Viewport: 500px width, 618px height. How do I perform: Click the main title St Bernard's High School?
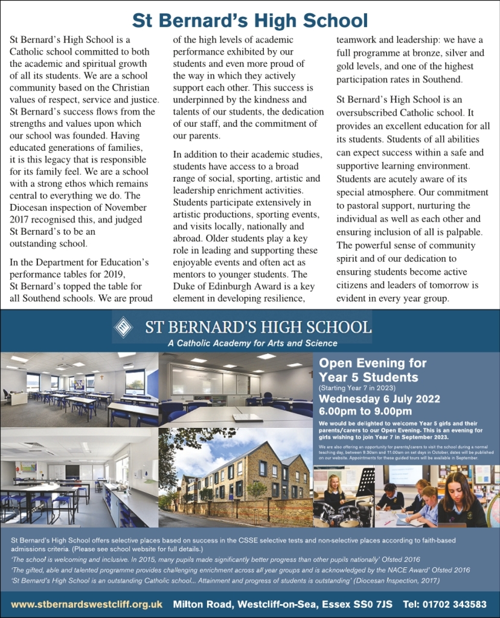[x=250, y=20]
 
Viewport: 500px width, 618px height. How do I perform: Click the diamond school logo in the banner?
[x=124, y=327]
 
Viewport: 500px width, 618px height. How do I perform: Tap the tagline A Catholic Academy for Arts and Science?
[x=252, y=343]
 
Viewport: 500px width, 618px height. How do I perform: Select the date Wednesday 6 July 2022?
[x=379, y=400]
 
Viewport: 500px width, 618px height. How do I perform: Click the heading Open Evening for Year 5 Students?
[x=373, y=370]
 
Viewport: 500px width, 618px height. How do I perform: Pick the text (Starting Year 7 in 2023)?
[x=359, y=389]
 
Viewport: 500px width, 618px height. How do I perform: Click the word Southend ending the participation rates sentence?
[x=442, y=80]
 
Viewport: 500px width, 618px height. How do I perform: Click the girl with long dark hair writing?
[x=461, y=498]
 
